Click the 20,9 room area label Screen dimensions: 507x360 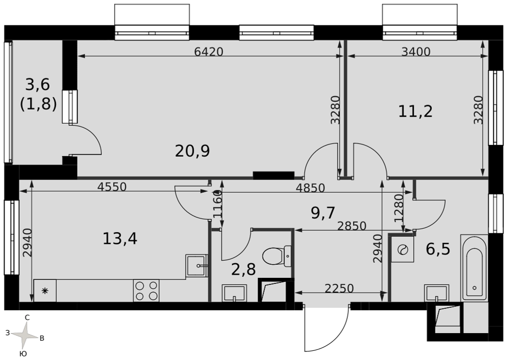(x=192, y=151)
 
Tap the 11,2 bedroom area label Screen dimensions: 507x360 (x=415, y=112)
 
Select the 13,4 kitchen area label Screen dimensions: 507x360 (x=120, y=239)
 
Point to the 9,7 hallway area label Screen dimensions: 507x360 (x=322, y=213)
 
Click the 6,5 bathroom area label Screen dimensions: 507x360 (x=438, y=249)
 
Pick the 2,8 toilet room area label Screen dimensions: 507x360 (x=243, y=269)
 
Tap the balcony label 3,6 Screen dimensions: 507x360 (x=38, y=85)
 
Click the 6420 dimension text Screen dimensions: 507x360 (x=209, y=51)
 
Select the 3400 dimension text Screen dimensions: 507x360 (x=416, y=51)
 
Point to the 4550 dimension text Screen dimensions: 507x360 (x=112, y=187)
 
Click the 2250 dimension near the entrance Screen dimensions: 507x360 (x=339, y=288)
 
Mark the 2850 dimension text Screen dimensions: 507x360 (x=351, y=226)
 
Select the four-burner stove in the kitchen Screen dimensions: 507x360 (x=146, y=291)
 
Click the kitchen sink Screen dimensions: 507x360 (x=196, y=266)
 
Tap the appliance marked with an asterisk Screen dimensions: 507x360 (x=45, y=291)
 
